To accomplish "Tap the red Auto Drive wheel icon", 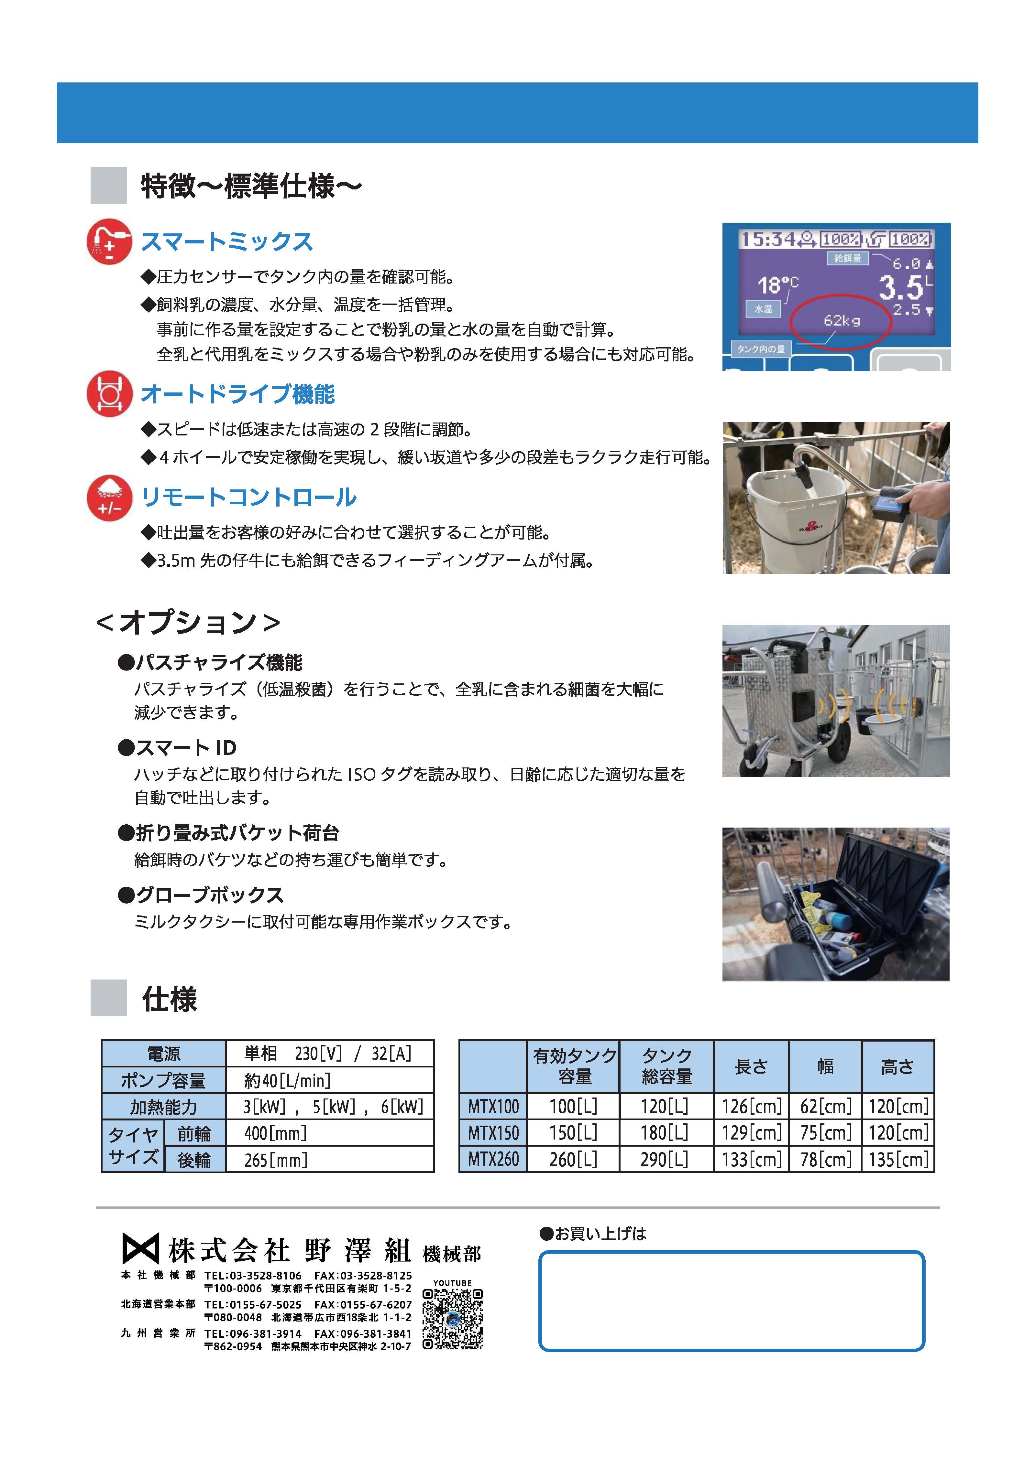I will [109, 394].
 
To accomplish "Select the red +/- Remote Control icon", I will [109, 498].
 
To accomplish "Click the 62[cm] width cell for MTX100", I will [825, 1106].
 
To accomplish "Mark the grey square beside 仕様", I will [109, 998].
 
